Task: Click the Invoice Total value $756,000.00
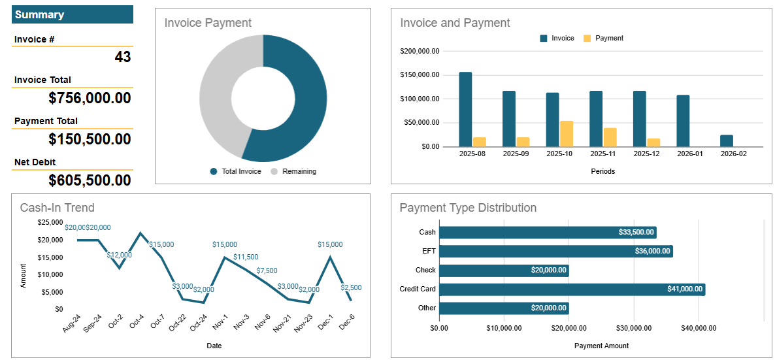click(x=90, y=98)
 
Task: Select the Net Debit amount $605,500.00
click(x=90, y=180)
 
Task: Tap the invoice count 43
click(x=123, y=57)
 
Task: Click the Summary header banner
click(x=73, y=14)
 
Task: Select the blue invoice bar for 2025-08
click(x=465, y=109)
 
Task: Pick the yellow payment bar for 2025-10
click(x=567, y=134)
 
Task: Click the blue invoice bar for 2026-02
click(x=727, y=140)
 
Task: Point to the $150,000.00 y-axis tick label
click(x=420, y=75)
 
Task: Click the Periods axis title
click(x=602, y=172)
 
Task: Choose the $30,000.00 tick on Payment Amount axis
click(x=633, y=328)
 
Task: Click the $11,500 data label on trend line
click(x=245, y=257)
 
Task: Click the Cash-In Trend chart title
click(x=58, y=208)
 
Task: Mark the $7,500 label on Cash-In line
click(x=267, y=270)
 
